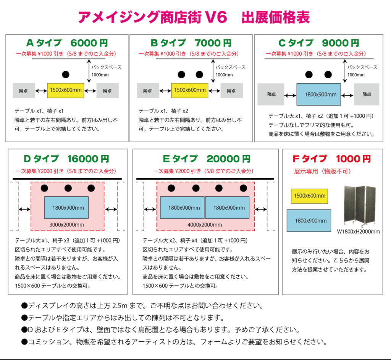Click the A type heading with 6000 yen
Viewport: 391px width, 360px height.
pyautogui.click(x=67, y=43)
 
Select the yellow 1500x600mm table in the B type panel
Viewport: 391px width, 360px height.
pyautogui.click(x=190, y=90)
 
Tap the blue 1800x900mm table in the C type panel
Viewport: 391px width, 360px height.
pyautogui.click(x=319, y=94)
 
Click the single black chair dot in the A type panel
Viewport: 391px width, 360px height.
pyautogui.click(x=66, y=74)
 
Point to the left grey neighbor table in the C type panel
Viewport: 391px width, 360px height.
pyautogui.click(x=271, y=94)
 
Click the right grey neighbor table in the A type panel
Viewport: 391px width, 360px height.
pyautogui.click(x=107, y=91)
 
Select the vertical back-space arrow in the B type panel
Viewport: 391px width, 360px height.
pyautogui.click(x=213, y=71)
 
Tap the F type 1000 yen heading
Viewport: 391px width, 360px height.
pyautogui.click(x=332, y=159)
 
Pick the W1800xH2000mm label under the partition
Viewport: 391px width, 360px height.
pyautogui.click(x=358, y=231)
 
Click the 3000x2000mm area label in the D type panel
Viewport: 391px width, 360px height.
pyautogui.click(x=66, y=225)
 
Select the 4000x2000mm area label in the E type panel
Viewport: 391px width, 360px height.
pyautogui.click(x=205, y=225)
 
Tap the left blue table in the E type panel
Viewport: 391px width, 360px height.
pyautogui.click(x=182, y=207)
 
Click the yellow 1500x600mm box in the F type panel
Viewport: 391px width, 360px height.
pyautogui.click(x=309, y=196)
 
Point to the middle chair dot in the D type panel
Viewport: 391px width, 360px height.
pyautogui.click(x=68, y=188)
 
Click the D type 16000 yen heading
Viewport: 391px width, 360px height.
pyautogui.click(x=66, y=159)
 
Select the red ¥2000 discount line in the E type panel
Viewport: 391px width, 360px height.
pyautogui.click(x=203, y=171)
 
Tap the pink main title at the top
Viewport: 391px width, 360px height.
pyautogui.click(x=194, y=17)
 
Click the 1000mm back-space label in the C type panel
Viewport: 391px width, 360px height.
pyautogui.click(x=356, y=75)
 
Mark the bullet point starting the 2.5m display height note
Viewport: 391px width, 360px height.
pyautogui.click(x=24, y=306)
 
